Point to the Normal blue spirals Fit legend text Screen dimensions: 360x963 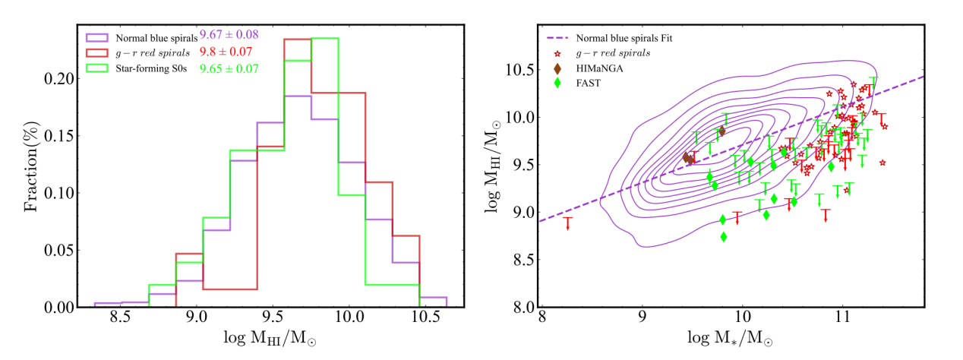(624, 37)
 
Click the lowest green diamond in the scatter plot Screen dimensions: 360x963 (723, 237)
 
